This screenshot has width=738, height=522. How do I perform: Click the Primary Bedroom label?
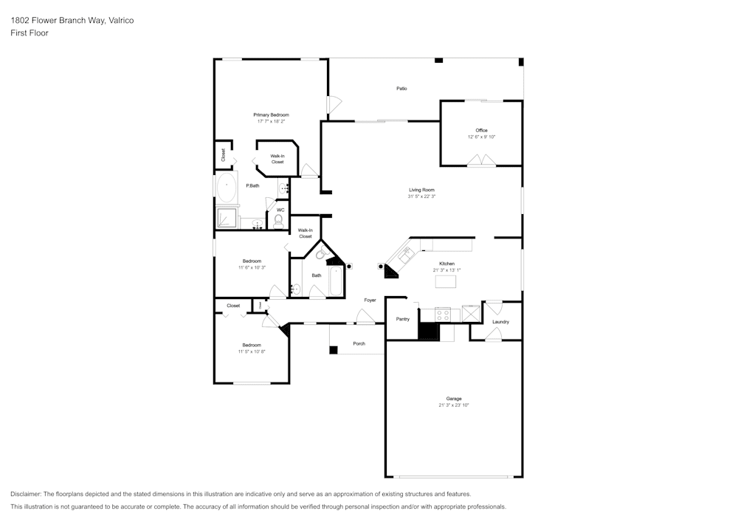pyautogui.click(x=271, y=115)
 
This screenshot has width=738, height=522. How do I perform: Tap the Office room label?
pyautogui.click(x=481, y=131)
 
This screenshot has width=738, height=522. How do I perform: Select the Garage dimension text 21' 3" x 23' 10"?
pyautogui.click(x=454, y=405)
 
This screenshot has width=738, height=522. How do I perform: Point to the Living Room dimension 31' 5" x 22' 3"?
pyautogui.click(x=421, y=196)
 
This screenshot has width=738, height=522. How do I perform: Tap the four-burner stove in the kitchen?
pyautogui.click(x=443, y=315)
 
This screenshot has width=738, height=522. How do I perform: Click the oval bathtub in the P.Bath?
pyautogui.click(x=226, y=188)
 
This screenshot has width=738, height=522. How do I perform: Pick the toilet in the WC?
pyautogui.click(x=279, y=221)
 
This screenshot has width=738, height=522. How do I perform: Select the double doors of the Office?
pyautogui.click(x=482, y=160)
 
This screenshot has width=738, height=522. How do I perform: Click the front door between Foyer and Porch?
pyautogui.click(x=365, y=318)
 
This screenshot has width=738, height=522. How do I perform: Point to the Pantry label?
pyautogui.click(x=402, y=319)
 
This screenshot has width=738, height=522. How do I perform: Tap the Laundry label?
pyautogui.click(x=500, y=322)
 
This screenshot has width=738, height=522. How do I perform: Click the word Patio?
pyautogui.click(x=401, y=89)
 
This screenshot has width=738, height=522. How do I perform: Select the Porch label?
pyautogui.click(x=359, y=343)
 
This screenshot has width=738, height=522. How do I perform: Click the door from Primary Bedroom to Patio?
pyautogui.click(x=334, y=105)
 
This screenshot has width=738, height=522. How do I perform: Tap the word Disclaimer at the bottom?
pyautogui.click(x=25, y=494)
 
